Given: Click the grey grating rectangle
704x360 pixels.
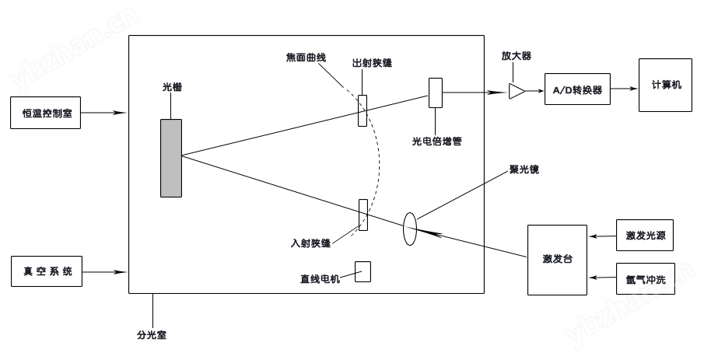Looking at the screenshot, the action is click(171, 158).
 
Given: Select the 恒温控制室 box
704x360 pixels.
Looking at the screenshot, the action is click(46, 113).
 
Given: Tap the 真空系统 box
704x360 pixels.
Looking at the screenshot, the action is click(47, 271).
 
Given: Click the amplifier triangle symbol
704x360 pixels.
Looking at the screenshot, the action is click(517, 91).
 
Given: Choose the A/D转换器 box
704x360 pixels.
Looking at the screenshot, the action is click(577, 89).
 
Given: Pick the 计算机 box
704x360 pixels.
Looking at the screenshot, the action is click(665, 85).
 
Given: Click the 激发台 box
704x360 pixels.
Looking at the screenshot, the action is click(557, 260).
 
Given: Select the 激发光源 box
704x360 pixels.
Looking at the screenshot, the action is click(645, 236).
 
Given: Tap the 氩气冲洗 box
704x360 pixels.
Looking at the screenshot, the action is click(645, 279).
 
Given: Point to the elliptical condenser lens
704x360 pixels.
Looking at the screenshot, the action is click(410, 229).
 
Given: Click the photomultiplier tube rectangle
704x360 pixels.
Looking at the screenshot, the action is click(436, 93).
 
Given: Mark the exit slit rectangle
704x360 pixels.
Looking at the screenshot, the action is click(363, 111).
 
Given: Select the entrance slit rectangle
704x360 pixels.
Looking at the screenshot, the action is click(363, 215).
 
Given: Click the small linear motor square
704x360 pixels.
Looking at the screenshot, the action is click(363, 271).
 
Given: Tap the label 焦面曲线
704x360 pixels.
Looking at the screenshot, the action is click(306, 58).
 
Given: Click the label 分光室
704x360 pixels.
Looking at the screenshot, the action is click(152, 335).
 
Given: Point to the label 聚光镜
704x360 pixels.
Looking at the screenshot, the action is click(524, 170).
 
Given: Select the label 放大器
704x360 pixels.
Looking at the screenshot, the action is click(517, 56).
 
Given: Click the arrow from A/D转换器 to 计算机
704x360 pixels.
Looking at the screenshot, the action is click(625, 89).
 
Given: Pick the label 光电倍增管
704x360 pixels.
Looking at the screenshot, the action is click(437, 142).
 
